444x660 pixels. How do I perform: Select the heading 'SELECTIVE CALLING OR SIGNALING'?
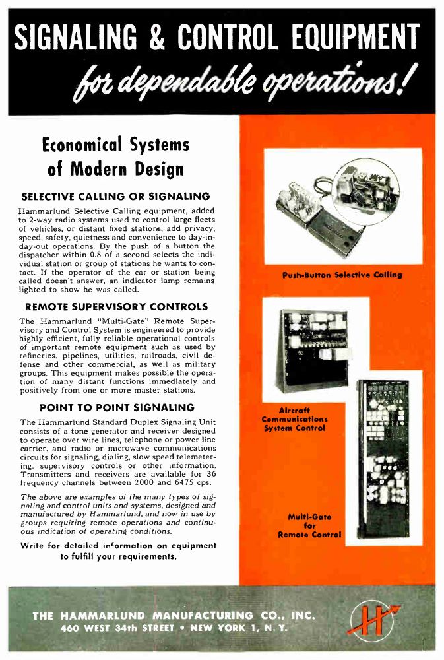pyautogui.click(x=115, y=196)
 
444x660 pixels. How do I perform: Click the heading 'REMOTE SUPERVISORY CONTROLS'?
pyautogui.click(x=116, y=306)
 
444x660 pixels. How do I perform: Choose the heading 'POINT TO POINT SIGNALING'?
pyautogui.click(x=117, y=407)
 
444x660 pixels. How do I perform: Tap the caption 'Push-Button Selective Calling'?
pyautogui.click(x=342, y=275)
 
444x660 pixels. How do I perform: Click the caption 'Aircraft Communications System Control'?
pyautogui.click(x=294, y=419)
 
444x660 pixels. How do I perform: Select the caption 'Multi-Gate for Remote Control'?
pyautogui.click(x=310, y=526)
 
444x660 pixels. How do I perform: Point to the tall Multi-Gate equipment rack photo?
pyautogui.click(x=382, y=460)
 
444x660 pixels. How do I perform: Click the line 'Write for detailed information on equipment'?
pyautogui.click(x=118, y=545)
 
